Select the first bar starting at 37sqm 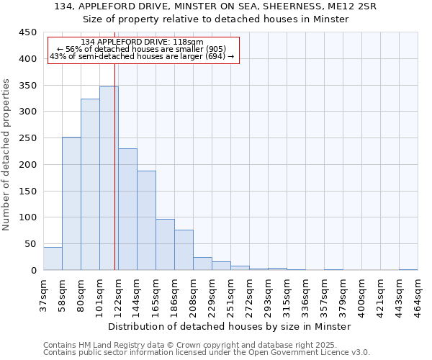[x=53, y=258]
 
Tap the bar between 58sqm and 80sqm [x=71, y=204]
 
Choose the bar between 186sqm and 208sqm [x=184, y=250]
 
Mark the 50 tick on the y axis [x=31, y=244]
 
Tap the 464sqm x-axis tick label [x=418, y=294]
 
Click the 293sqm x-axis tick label [x=268, y=294]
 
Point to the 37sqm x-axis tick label [x=43, y=293]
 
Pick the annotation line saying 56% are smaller [x=142, y=49]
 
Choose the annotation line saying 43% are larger [x=142, y=56]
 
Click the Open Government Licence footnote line [x=207, y=352]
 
